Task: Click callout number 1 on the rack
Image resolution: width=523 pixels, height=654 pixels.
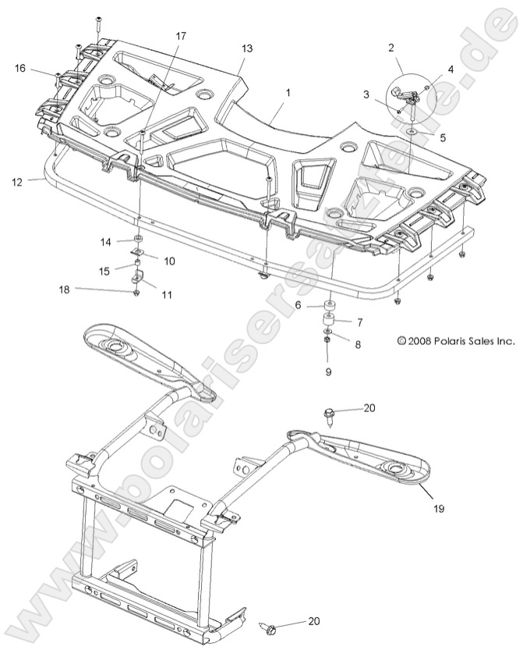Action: pos(288,92)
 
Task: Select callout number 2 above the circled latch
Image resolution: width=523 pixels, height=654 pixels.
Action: pos(390,48)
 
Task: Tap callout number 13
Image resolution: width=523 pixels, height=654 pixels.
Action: pos(247,48)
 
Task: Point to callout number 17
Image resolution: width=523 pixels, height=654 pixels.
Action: pos(181,36)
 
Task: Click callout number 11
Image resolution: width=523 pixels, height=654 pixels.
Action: pos(167,294)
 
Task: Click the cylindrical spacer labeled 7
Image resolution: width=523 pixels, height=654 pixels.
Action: pos(329,322)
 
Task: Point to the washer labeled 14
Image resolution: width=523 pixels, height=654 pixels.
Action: pos(137,239)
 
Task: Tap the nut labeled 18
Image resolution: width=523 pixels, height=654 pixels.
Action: pos(137,292)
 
